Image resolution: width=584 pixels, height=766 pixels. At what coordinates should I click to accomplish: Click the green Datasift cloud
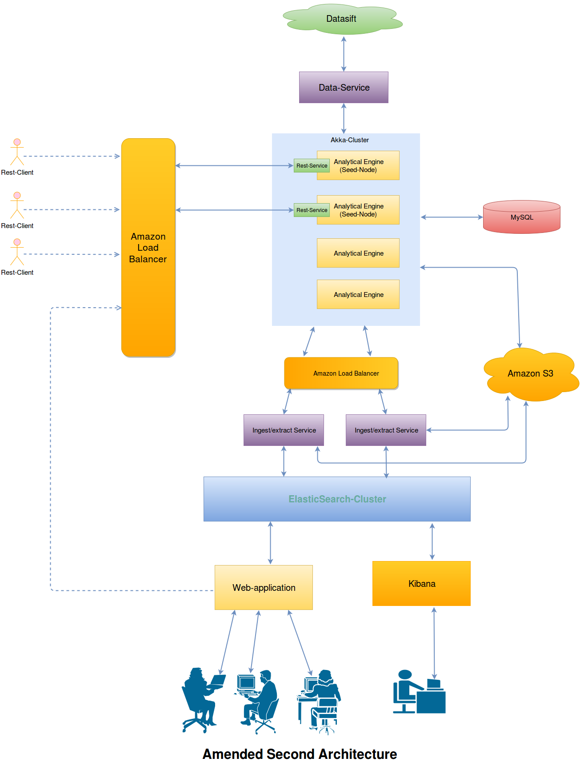click(341, 19)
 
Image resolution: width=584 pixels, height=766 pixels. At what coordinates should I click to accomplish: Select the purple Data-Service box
click(344, 88)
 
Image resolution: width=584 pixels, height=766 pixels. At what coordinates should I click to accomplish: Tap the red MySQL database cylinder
click(521, 217)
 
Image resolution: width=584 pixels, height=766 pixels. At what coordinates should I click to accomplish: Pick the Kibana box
click(421, 583)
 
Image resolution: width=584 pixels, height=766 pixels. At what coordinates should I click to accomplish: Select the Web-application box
click(264, 587)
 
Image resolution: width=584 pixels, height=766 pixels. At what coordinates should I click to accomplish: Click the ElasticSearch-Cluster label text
click(337, 499)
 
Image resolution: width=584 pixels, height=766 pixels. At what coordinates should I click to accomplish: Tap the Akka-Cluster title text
click(349, 140)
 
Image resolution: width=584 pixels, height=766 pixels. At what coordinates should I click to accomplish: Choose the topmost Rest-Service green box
click(312, 165)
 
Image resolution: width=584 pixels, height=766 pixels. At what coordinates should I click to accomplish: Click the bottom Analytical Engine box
click(358, 294)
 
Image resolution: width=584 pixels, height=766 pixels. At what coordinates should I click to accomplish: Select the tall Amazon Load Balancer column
click(148, 248)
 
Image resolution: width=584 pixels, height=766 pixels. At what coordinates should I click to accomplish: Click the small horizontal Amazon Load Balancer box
click(341, 373)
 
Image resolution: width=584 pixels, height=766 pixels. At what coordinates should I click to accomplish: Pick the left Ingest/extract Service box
click(284, 430)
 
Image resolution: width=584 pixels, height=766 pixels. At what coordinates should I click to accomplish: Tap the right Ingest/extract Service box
click(386, 430)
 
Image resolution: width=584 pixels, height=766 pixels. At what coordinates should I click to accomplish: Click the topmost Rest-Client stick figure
click(17, 152)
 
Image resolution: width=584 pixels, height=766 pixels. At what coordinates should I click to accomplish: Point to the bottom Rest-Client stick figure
click(17, 252)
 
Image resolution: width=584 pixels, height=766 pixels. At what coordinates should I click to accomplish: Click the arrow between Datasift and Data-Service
click(344, 54)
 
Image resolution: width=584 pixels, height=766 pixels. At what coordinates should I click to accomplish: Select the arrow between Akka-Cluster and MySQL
click(451, 217)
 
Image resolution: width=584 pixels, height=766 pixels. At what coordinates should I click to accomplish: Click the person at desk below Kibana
click(419, 692)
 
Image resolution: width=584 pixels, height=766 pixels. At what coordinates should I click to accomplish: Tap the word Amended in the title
click(232, 754)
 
